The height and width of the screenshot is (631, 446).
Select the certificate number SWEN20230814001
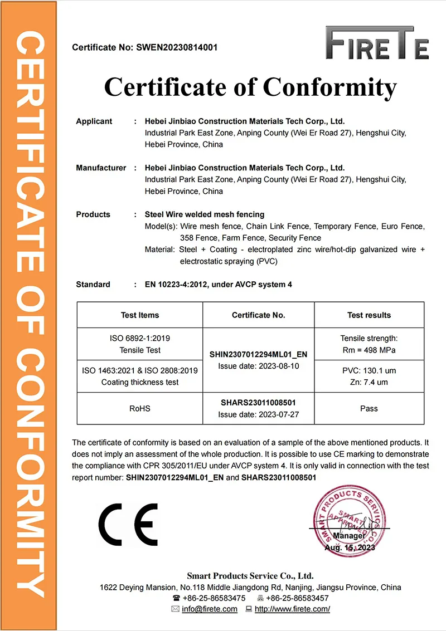tap(177, 47)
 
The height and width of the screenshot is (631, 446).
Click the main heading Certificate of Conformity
tap(250, 87)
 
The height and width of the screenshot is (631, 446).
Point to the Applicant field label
tap(94, 121)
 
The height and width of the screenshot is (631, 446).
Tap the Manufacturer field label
tap(101, 168)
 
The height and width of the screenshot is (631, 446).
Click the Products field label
tap(93, 214)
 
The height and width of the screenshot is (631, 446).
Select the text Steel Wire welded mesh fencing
tap(205, 214)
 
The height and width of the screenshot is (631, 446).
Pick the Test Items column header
tap(140, 315)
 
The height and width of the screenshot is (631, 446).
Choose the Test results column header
tap(369, 315)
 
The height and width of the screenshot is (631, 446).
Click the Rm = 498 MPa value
tap(369, 350)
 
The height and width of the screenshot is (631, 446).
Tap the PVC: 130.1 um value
tap(369, 371)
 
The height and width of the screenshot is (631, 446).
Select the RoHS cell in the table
tap(140, 409)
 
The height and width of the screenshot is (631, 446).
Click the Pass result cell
tap(369, 409)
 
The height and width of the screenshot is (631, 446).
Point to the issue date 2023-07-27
tap(258, 414)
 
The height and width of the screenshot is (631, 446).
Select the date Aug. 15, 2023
tap(350, 547)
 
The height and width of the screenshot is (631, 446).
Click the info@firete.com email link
tap(210, 609)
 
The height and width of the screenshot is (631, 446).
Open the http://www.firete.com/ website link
tap(292, 609)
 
